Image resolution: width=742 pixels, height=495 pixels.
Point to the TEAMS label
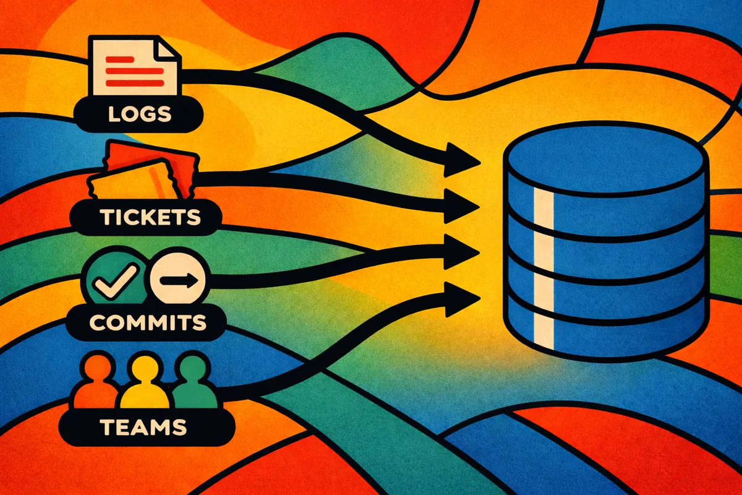tap(142, 426)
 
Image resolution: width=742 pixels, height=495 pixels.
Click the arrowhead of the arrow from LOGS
tap(464, 160)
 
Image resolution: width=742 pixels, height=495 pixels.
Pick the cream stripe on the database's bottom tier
tap(544, 322)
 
